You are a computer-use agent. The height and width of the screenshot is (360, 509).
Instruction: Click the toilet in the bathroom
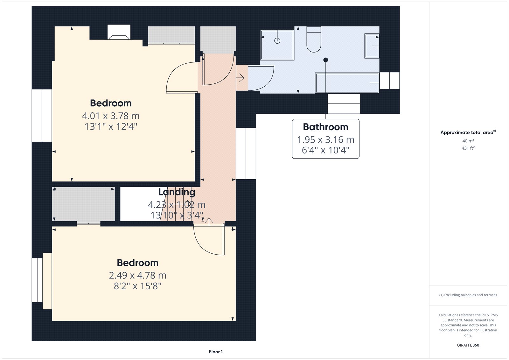314,39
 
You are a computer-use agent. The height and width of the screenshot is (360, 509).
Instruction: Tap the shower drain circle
277,41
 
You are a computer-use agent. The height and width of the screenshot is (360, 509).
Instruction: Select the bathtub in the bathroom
347,83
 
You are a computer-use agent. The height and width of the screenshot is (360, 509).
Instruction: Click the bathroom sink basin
372,46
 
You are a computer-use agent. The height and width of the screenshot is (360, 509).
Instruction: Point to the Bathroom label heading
325,127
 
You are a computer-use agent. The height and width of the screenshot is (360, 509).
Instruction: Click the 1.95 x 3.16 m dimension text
326,140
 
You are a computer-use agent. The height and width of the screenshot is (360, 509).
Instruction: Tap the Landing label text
177,192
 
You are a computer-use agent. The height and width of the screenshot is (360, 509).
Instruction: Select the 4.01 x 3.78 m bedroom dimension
111,116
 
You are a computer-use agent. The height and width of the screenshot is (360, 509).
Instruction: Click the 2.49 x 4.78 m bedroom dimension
137,275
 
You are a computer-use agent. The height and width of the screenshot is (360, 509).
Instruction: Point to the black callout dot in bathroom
326,60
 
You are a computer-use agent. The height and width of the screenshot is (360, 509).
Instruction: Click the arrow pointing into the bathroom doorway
240,78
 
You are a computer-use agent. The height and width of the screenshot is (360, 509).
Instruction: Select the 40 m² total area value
468,141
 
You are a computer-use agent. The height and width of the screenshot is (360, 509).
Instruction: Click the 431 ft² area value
468,148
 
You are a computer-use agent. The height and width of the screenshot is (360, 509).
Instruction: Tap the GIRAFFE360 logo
468,345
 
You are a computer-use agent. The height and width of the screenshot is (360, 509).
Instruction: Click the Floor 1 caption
216,352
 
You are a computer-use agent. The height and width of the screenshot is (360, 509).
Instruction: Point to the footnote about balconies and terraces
468,295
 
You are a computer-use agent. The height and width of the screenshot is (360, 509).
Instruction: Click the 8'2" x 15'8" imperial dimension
137,286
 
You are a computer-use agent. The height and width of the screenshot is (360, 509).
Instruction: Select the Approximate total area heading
468,132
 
